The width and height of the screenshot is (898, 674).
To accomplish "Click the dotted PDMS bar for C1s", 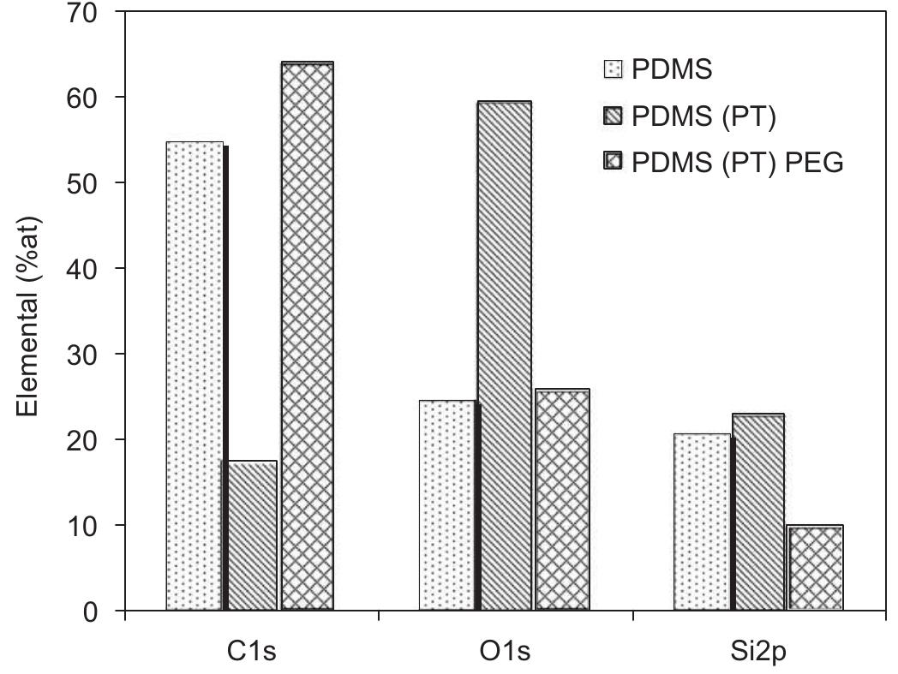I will click(195, 376).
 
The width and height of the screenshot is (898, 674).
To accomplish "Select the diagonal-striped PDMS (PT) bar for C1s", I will click(251, 535).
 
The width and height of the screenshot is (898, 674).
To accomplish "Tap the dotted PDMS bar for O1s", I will click(446, 505).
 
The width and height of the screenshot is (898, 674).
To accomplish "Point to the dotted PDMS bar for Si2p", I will click(702, 522).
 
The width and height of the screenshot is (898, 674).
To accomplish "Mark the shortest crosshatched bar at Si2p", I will click(815, 567).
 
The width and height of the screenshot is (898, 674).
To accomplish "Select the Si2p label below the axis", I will click(758, 652).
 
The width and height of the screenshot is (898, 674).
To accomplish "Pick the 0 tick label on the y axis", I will click(92, 611).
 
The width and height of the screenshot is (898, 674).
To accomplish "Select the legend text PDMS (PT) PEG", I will click(737, 162).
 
